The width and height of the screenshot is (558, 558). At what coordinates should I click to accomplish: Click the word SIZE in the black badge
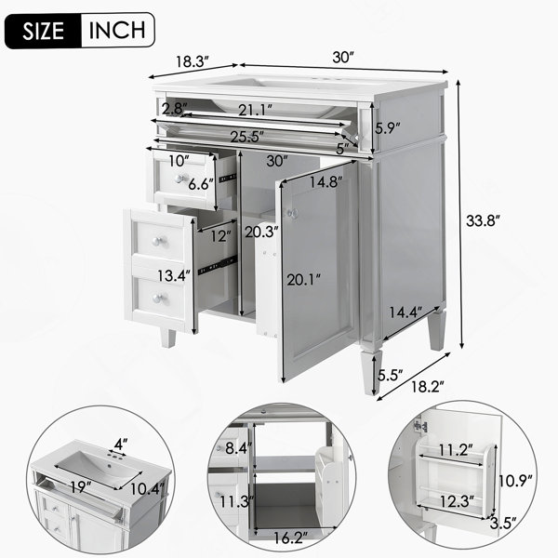(x=44, y=31)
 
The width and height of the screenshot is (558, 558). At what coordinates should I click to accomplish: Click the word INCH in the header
(x=117, y=31)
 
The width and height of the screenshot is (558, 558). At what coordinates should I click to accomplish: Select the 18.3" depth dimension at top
(x=193, y=61)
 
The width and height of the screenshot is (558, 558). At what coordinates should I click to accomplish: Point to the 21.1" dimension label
(x=256, y=110)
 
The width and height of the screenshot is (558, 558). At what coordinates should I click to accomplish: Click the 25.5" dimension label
(x=247, y=137)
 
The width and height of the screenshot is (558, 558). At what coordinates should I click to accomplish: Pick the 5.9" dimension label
(x=388, y=127)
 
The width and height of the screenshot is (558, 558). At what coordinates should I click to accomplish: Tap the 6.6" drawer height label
(x=201, y=184)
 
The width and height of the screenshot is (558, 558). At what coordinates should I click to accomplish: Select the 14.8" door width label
(x=325, y=182)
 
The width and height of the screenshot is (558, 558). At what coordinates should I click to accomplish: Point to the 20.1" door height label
(x=303, y=280)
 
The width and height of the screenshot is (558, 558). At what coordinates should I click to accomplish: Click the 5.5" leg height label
(x=390, y=375)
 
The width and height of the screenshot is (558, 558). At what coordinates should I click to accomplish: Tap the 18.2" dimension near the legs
(x=428, y=387)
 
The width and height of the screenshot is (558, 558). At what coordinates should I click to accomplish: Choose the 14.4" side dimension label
(x=405, y=312)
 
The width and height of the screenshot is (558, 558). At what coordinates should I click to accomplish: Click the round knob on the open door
(x=293, y=214)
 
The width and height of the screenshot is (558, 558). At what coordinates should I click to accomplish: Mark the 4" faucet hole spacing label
(x=121, y=444)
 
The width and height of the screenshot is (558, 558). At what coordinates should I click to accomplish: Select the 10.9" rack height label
(x=515, y=481)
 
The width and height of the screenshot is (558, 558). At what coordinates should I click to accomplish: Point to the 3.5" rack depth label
(x=503, y=524)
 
